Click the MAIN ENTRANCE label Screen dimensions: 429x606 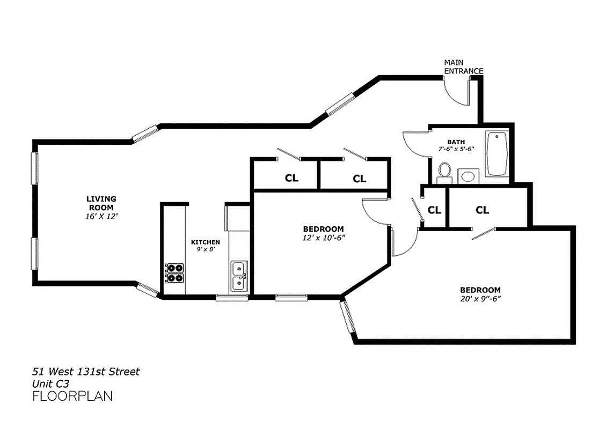(463, 67)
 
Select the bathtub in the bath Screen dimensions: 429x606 (497, 154)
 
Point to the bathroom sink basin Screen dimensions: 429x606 (469, 175)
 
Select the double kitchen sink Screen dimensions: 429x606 (238, 275)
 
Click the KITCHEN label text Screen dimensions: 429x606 (206, 242)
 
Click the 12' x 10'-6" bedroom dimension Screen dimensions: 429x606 (323, 238)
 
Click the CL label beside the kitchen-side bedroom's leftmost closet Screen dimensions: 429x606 (291, 179)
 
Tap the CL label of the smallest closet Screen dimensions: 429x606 (434, 210)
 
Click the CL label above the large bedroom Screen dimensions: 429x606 (482, 210)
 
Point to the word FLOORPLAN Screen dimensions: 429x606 (72, 397)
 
